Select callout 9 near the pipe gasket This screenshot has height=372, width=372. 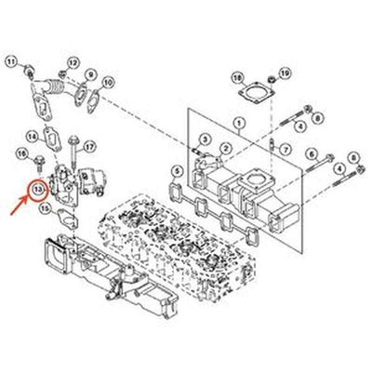pos(91,73)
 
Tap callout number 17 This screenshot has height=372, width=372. pos(90,146)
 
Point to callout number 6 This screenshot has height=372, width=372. pos(312,153)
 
